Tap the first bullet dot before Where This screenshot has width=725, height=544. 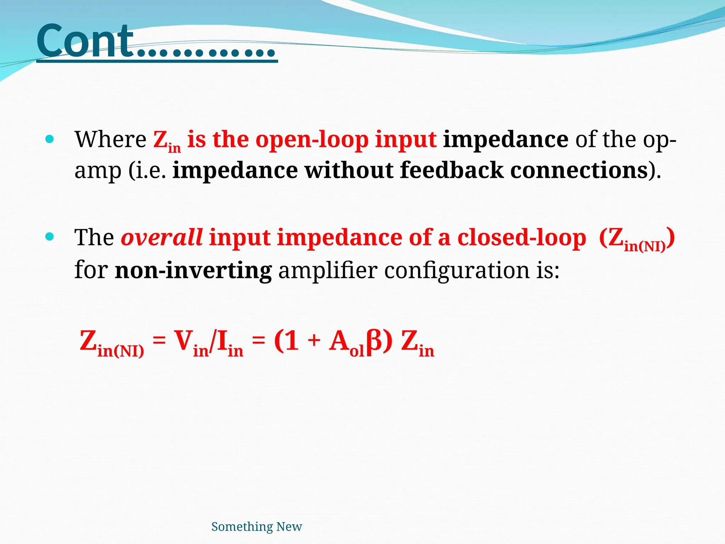[50, 139]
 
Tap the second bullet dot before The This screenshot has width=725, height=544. [50, 237]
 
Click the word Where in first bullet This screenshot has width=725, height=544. [110, 139]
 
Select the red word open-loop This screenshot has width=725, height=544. [312, 140]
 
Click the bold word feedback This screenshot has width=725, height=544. [452, 170]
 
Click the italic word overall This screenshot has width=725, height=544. [161, 237]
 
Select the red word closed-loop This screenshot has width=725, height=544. [522, 237]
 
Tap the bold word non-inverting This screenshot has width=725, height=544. [193, 271]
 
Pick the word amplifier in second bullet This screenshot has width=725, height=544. [328, 271]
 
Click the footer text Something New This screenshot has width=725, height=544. [256, 527]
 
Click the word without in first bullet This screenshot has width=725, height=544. [349, 170]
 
